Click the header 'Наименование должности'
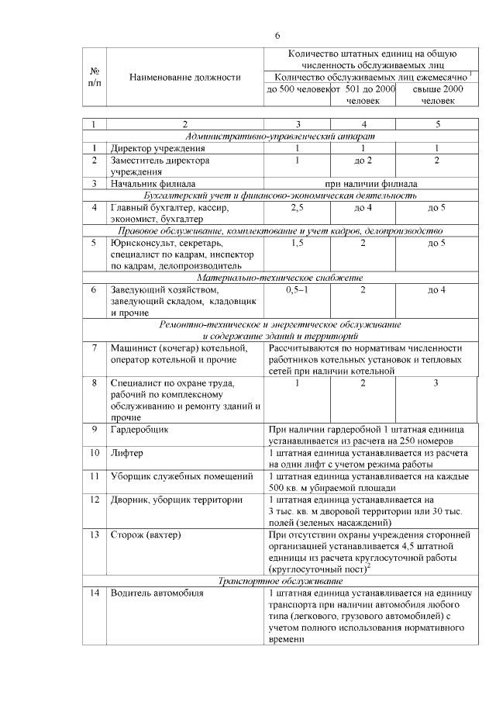185,78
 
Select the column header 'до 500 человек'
298,90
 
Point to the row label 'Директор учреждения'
157,148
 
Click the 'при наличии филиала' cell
370,184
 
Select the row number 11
95,475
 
